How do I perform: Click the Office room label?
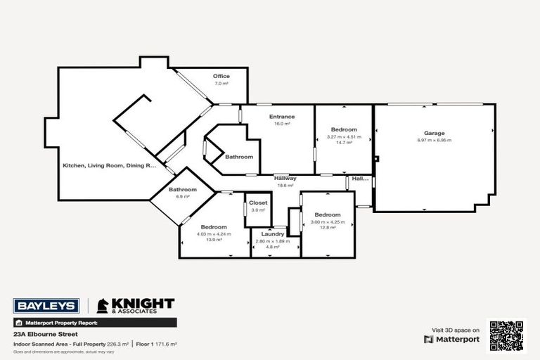click(221, 76)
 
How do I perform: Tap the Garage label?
click(434, 133)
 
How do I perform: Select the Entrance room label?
click(282, 117)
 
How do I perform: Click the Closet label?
click(257, 202)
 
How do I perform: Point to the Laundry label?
click(272, 233)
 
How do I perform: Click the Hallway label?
click(285, 178)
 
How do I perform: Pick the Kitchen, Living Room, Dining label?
click(109, 165)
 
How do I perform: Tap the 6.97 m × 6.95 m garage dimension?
click(434, 140)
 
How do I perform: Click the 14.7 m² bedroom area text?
click(344, 143)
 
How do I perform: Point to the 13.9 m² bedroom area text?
click(214, 240)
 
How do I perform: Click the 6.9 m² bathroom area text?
click(183, 196)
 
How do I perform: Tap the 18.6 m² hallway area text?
click(285, 185)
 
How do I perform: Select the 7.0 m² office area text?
click(221, 83)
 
